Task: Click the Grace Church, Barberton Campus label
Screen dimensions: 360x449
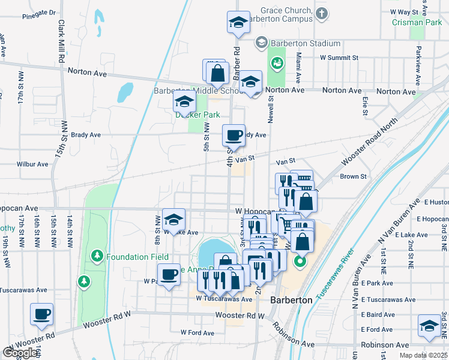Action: click(286, 14)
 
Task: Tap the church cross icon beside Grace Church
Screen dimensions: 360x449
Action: click(322, 13)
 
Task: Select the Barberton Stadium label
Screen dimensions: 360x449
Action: click(305, 43)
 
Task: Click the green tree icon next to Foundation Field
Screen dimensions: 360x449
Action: click(97, 257)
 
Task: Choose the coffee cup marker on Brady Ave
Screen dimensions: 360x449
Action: click(234, 135)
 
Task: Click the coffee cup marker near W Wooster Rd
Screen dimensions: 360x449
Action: click(41, 314)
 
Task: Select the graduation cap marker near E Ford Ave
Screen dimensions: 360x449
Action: click(429, 326)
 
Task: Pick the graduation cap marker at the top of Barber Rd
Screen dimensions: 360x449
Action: click(238, 22)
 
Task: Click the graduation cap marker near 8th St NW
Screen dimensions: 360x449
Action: click(173, 219)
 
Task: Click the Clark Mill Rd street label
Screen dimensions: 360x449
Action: click(61, 40)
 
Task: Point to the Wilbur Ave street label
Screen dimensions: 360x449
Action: click(32, 164)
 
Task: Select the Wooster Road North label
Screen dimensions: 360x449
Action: click(369, 142)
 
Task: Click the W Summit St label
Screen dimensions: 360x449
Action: click(339, 58)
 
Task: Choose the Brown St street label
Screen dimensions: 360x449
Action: click(353, 176)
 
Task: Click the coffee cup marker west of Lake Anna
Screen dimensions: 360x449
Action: click(170, 274)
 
